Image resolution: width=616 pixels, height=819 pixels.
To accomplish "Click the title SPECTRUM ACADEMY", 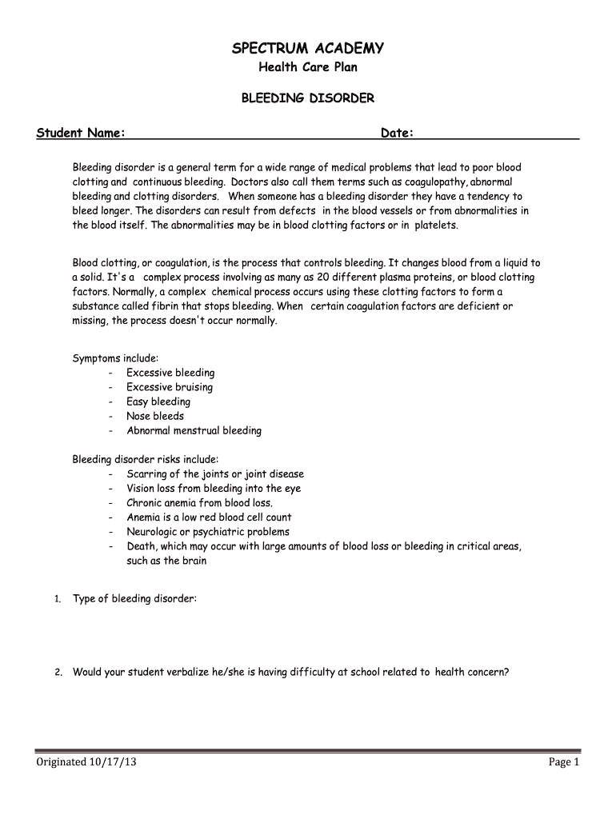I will (x=307, y=49).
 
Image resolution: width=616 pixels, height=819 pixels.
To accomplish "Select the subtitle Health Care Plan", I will (x=307, y=68).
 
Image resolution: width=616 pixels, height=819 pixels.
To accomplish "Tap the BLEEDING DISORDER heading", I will (x=307, y=98).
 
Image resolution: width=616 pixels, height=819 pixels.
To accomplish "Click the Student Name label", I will (x=80, y=133).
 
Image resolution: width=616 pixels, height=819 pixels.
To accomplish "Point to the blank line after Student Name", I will (x=252, y=134).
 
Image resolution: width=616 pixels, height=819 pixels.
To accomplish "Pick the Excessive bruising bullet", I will (x=170, y=387).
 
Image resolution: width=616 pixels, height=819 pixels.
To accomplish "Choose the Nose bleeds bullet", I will (x=155, y=416).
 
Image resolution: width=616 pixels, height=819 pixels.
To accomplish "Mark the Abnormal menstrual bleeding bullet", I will (x=194, y=430).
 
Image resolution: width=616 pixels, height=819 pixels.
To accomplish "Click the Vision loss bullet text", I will (x=214, y=488).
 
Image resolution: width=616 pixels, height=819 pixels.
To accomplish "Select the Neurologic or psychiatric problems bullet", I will (x=208, y=531).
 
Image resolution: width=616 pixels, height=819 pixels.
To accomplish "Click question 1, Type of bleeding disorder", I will (x=134, y=598).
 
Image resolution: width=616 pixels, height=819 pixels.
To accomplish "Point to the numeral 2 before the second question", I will (x=58, y=673).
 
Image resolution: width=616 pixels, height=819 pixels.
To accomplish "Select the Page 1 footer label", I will (x=563, y=762).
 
